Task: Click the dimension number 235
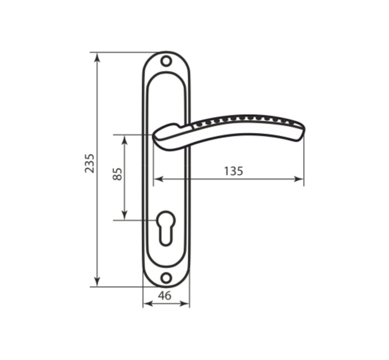click(90, 163)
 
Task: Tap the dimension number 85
click(117, 174)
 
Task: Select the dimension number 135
click(233, 171)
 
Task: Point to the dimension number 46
click(165, 295)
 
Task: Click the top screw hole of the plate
click(166, 61)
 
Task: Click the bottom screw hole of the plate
click(166, 278)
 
